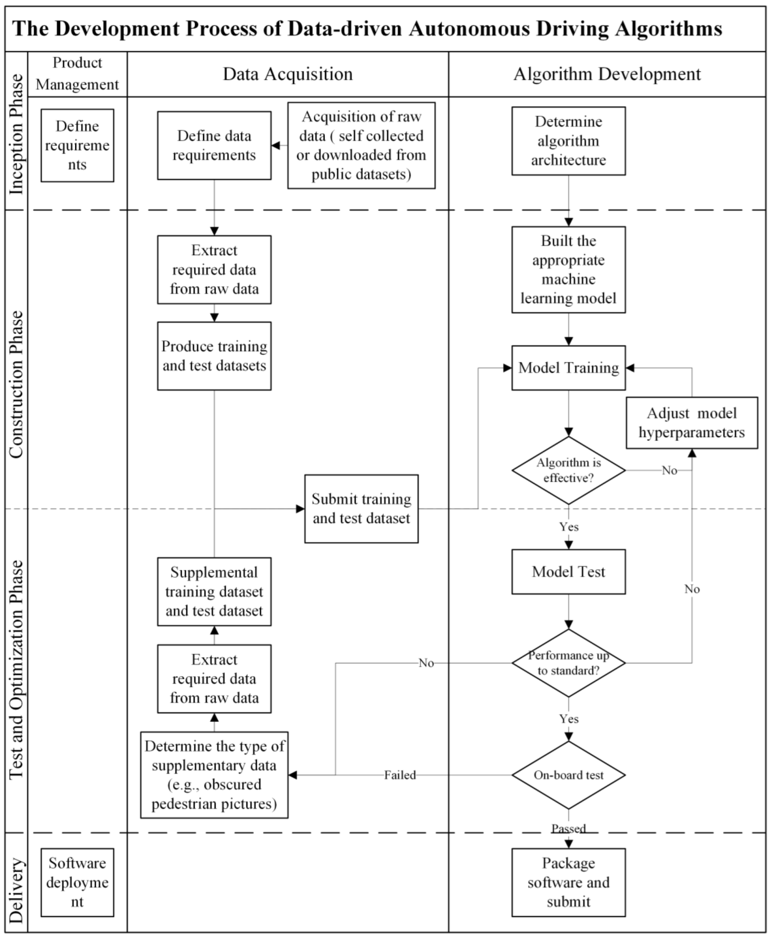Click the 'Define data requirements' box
point(214,145)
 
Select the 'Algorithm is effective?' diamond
point(568,470)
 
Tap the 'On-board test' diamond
point(568,775)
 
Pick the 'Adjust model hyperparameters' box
point(691,423)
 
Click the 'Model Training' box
point(568,368)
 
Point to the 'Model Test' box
point(568,571)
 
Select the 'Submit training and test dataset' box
point(361,508)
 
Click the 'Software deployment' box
point(77,882)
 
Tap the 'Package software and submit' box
point(568,882)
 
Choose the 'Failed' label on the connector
point(400,775)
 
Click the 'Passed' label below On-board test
point(568,829)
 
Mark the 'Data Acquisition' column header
point(287,74)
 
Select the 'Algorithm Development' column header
point(607,74)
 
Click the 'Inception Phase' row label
point(16,134)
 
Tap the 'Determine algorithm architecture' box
point(568,141)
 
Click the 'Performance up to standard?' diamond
point(568,662)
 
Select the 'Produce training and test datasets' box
point(214,356)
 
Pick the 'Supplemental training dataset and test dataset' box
point(214,591)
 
